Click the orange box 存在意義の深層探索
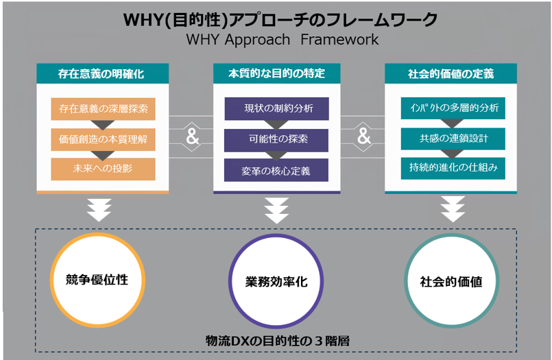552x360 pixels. coord(103,109)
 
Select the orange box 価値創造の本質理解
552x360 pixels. coord(103,139)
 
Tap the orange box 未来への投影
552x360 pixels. coord(103,169)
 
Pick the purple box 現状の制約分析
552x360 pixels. coord(277,109)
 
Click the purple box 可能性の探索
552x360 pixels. coord(276,140)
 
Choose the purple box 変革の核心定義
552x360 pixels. coord(276,170)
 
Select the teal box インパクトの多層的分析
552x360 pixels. coord(453,108)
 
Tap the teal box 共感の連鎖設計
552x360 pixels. coord(453,139)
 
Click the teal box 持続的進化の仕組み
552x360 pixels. coord(453,168)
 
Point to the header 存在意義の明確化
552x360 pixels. coord(103,73)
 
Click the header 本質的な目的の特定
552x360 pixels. coord(277,73)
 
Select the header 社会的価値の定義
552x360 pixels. coord(451,73)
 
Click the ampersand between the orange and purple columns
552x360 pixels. coord(193,136)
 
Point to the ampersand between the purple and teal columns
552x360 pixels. coord(364,136)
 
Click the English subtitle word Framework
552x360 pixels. coord(339,39)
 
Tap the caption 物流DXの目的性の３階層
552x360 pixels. coord(278,341)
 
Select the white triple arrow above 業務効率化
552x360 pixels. coord(277,211)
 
